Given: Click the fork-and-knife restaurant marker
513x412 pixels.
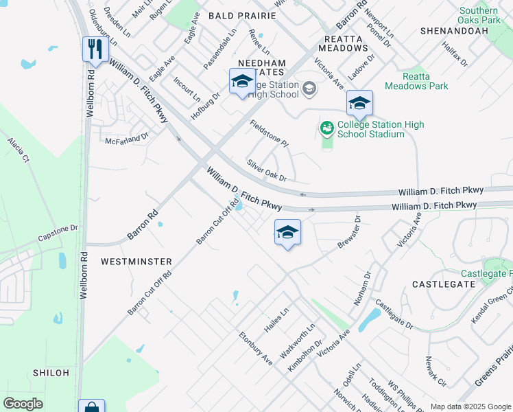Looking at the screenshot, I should (95, 50).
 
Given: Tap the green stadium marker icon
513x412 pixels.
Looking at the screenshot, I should (326, 128).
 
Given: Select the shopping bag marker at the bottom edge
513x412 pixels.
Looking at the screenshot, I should (91, 407).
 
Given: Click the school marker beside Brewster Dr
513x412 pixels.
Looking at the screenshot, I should (287, 233).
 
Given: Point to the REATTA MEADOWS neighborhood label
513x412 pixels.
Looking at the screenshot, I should (342, 43).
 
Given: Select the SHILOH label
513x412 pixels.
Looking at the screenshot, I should (51, 373).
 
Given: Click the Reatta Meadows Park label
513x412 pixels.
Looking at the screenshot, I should (416, 81).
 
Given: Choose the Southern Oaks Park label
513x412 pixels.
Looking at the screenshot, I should (479, 16).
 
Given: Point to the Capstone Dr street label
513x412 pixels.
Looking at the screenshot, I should (58, 232).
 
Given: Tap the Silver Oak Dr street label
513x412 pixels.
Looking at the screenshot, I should (266, 170).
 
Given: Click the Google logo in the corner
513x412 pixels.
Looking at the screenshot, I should (23, 404).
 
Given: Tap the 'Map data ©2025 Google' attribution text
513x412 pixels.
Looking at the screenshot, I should (470, 407).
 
